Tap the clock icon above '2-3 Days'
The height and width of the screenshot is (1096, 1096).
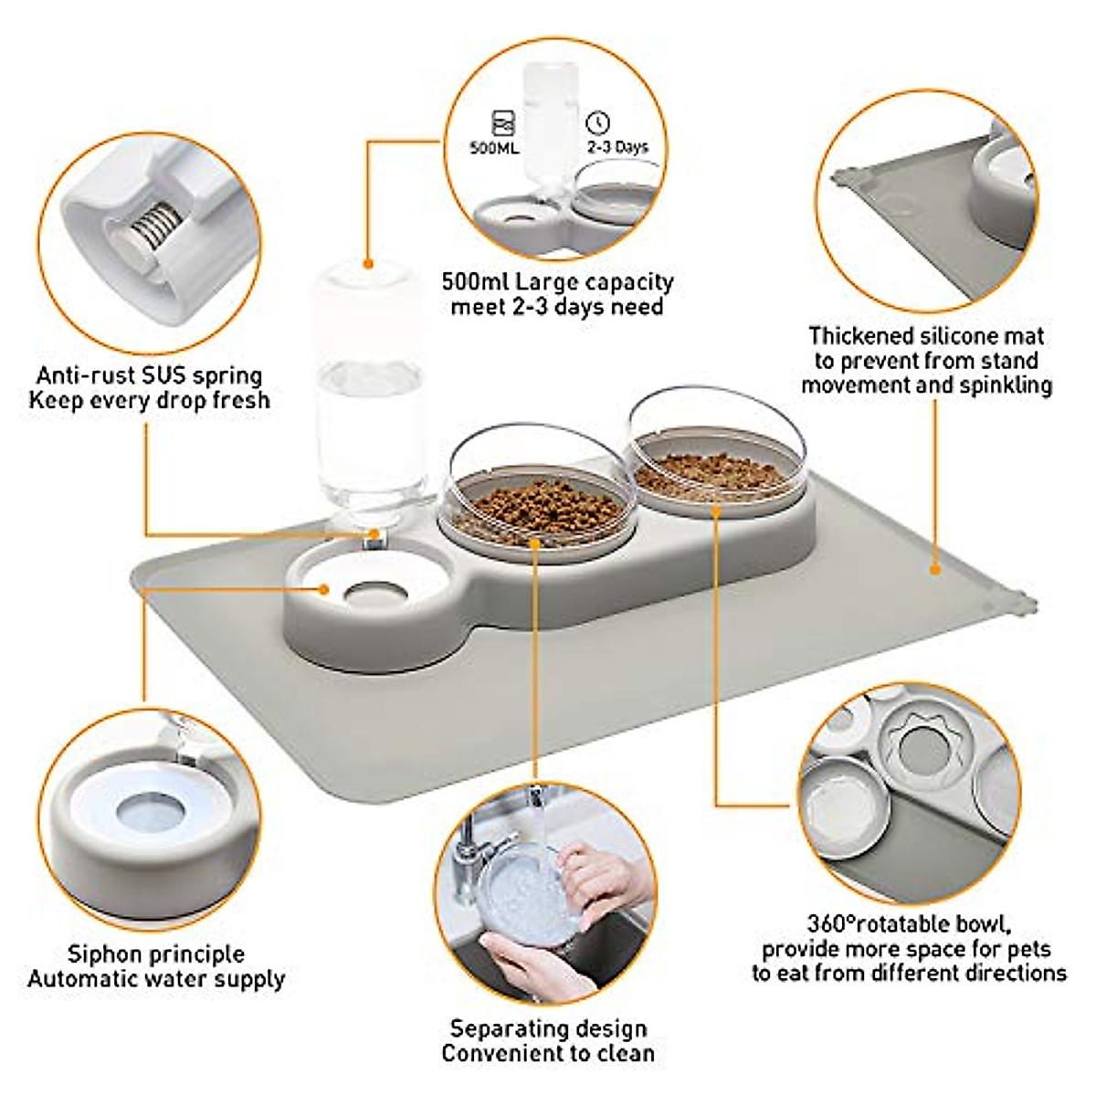point(598,123)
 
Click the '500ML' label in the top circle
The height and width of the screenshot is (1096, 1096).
point(494,146)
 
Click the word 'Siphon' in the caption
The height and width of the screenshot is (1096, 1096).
point(107,954)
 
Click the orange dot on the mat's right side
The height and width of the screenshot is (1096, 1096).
point(934,570)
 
